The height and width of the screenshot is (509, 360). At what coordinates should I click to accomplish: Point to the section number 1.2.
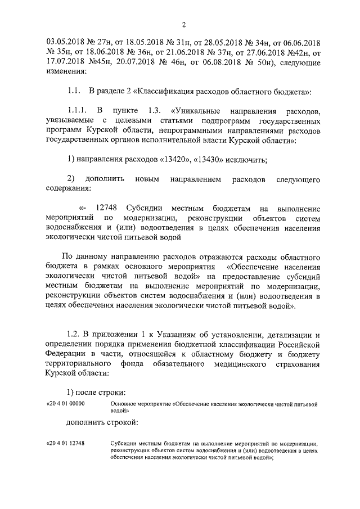75,334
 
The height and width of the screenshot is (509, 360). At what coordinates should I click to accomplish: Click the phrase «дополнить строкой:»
102,422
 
